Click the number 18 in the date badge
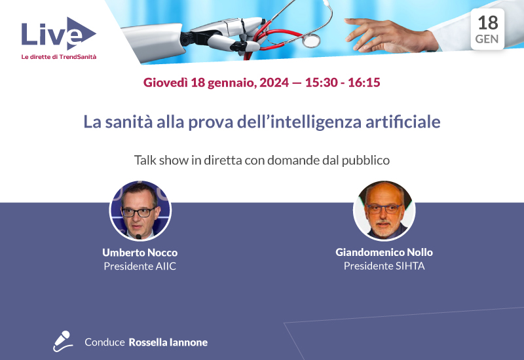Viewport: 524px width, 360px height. point(487,23)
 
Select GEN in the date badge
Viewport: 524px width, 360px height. point(487,39)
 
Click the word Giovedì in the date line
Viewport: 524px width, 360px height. point(164,83)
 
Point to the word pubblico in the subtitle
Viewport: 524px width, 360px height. point(368,160)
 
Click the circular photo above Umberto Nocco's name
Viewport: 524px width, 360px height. point(140,211)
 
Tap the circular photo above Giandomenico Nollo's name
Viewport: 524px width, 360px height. point(384,211)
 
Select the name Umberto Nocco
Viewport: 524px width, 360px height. point(140,253)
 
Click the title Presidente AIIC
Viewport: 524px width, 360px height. point(140,266)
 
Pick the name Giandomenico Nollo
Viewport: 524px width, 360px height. point(384,253)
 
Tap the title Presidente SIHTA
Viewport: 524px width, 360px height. point(384,266)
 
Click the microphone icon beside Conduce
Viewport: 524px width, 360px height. point(62,341)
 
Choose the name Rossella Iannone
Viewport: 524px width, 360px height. point(168,342)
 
